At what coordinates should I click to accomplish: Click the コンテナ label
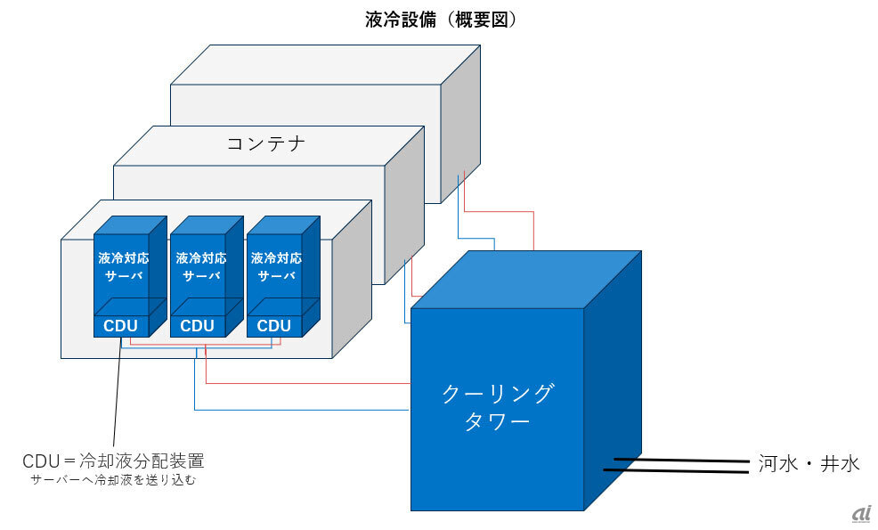click(266, 143)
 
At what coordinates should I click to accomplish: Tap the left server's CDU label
click(120, 325)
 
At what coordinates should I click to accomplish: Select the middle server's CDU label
click(197, 325)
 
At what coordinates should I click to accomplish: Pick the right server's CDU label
click(273, 325)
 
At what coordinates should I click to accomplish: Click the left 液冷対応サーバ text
click(124, 266)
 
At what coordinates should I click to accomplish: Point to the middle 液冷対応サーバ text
click(201, 266)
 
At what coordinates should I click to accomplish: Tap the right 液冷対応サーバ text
click(277, 266)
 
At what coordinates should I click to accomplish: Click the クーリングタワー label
click(497, 406)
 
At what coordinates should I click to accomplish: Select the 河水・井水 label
click(809, 464)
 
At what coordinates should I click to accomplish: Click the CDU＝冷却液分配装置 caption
click(113, 461)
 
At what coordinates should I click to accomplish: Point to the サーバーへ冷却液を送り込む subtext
click(113, 480)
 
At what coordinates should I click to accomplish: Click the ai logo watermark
click(860, 514)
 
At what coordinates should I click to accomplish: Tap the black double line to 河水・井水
click(677, 465)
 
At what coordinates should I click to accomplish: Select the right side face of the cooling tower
click(613, 383)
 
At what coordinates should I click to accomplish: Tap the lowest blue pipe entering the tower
click(303, 410)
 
